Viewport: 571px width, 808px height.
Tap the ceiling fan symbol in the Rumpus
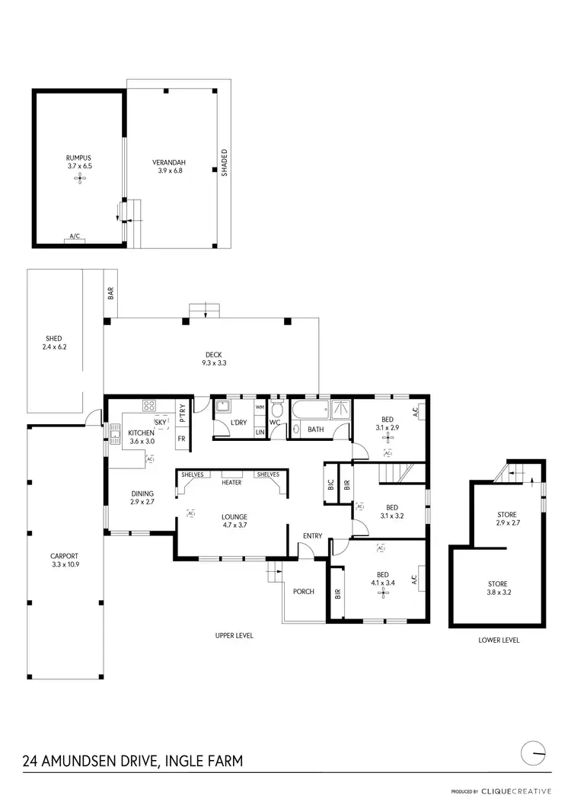(x=79, y=178)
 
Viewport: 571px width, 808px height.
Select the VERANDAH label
(x=170, y=162)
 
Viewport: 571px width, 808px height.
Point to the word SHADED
(x=225, y=163)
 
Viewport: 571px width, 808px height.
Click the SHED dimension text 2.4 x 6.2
(x=53, y=347)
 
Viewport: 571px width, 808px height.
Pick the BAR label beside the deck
(x=111, y=292)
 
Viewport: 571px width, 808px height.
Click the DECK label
(x=212, y=354)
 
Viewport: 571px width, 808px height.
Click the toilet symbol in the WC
(x=276, y=411)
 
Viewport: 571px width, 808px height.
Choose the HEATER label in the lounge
(x=231, y=482)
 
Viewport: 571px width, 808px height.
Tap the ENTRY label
(x=313, y=536)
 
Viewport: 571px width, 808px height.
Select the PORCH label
(x=304, y=592)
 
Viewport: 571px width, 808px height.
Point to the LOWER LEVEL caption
(x=499, y=640)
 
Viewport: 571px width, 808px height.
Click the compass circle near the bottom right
(x=535, y=753)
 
